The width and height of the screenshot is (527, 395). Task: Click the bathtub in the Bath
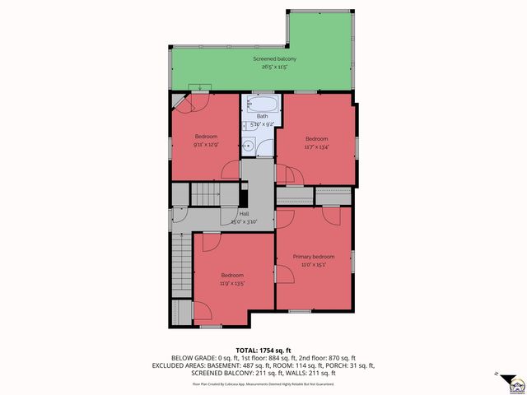[x=263, y=105]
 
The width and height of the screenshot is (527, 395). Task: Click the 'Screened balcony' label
[x=274, y=59]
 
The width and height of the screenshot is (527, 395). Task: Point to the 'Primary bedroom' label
[x=314, y=257]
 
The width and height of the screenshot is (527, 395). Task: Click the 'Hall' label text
[x=245, y=213]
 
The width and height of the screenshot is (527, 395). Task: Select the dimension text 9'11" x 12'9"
[x=206, y=144]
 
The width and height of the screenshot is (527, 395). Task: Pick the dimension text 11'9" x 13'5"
[x=232, y=284]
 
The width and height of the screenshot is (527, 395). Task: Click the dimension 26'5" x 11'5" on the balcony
[x=274, y=67]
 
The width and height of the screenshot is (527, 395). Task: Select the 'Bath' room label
[x=262, y=116]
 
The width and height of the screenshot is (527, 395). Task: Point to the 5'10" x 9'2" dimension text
[x=262, y=124]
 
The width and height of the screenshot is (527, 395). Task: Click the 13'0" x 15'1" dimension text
[x=314, y=265]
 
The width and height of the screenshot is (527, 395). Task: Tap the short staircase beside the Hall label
[x=207, y=195]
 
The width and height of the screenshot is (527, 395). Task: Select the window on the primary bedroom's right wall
[x=353, y=256]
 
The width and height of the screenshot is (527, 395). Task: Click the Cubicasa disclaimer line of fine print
[x=263, y=383]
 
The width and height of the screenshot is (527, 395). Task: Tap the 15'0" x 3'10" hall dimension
[x=245, y=221]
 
